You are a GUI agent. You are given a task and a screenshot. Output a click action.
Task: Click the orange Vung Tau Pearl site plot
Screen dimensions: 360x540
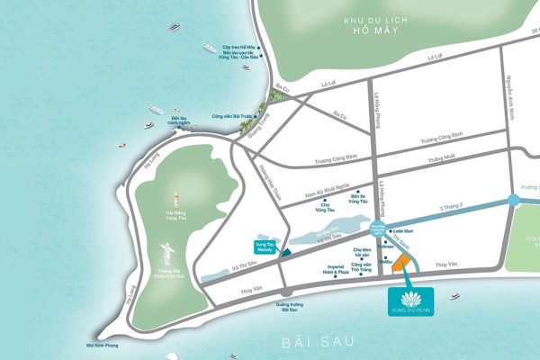point(403,263)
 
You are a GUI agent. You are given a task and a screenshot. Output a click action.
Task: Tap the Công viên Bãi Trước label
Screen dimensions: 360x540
point(229,116)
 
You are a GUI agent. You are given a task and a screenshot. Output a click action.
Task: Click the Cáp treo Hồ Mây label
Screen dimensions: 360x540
point(240,47)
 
